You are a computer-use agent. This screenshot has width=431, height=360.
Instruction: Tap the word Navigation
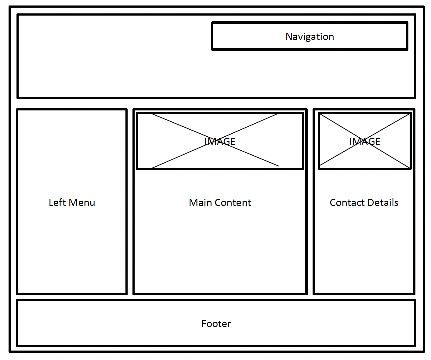point(310,37)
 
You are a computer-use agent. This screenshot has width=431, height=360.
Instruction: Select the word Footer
point(216,324)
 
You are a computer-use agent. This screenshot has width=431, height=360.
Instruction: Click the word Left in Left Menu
point(57,203)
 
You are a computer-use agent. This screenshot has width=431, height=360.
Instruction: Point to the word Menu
point(81,203)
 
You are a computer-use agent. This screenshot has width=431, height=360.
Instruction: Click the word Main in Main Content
point(200,203)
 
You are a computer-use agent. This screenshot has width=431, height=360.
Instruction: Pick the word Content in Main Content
point(233,203)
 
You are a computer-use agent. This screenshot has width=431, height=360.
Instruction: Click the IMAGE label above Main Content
point(220,142)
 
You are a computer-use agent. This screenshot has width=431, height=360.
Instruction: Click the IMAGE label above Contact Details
point(365,142)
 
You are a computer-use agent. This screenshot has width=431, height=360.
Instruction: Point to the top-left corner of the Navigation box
point(212,23)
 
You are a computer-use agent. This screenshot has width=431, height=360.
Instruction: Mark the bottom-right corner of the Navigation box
point(407,49)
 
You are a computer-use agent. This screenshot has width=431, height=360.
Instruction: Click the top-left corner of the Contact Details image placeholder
point(319,113)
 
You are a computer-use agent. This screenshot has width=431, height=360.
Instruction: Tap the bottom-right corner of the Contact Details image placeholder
point(411,168)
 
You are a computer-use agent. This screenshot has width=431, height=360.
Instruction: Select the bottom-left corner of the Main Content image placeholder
point(137,168)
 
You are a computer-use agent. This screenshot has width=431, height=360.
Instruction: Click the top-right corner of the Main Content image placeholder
point(303,113)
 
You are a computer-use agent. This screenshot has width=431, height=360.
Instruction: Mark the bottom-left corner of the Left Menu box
point(18,294)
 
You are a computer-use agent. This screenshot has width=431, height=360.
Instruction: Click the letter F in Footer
point(204,324)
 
